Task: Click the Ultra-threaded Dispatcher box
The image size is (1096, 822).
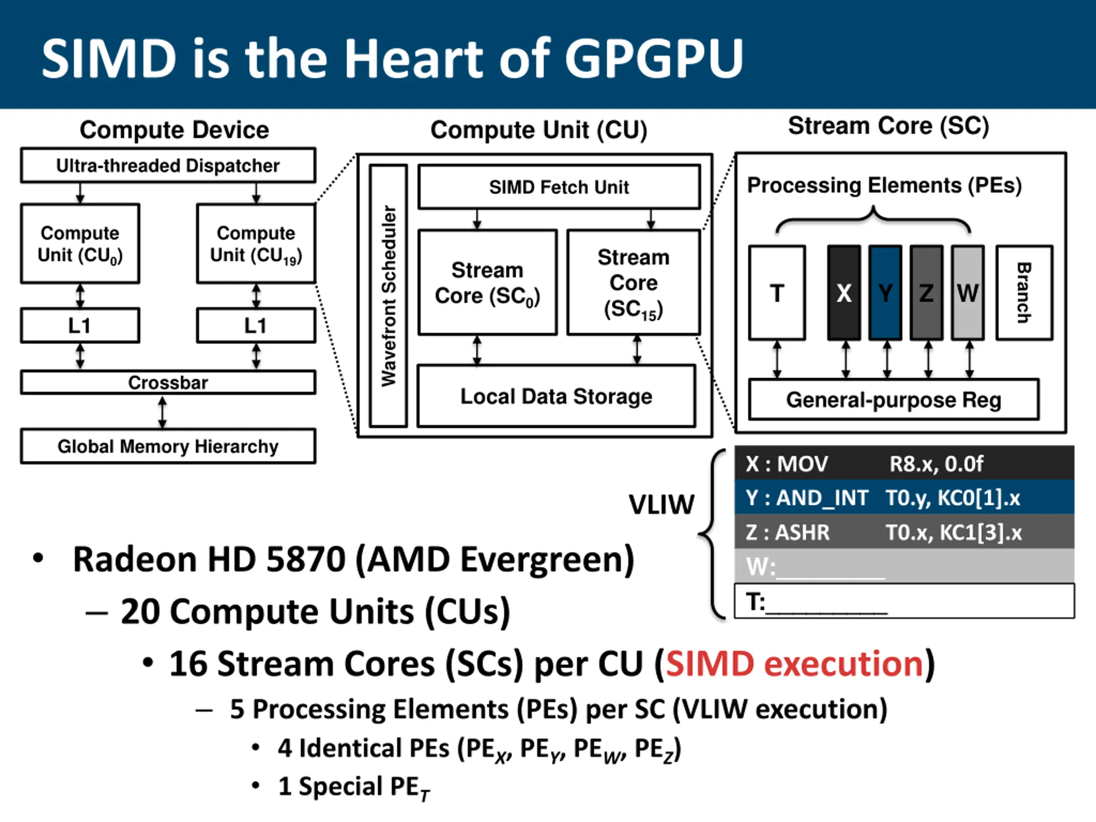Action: click(x=167, y=166)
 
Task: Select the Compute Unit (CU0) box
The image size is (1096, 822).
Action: click(x=80, y=244)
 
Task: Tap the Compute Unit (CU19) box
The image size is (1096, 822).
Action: click(x=256, y=244)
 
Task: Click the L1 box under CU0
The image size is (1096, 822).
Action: click(x=80, y=325)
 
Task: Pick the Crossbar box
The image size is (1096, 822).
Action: click(x=167, y=382)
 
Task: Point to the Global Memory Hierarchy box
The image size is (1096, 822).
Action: click(x=167, y=447)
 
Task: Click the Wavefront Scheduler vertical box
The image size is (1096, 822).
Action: click(x=388, y=296)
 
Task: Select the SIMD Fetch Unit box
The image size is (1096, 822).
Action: click(x=559, y=187)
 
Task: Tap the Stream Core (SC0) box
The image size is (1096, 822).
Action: click(x=487, y=283)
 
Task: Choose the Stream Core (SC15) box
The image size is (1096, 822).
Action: click(x=633, y=283)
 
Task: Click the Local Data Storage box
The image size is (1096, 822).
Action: click(x=556, y=396)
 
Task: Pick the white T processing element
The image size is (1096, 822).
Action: click(x=777, y=293)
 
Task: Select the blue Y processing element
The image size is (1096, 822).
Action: click(x=885, y=293)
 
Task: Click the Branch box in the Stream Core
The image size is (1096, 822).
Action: click(x=1024, y=293)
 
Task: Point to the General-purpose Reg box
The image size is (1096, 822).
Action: click(x=893, y=400)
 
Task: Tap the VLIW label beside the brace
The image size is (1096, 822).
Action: click(x=661, y=505)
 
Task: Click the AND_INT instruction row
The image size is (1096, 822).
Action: click(x=904, y=497)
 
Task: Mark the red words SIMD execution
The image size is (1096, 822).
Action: click(x=794, y=664)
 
